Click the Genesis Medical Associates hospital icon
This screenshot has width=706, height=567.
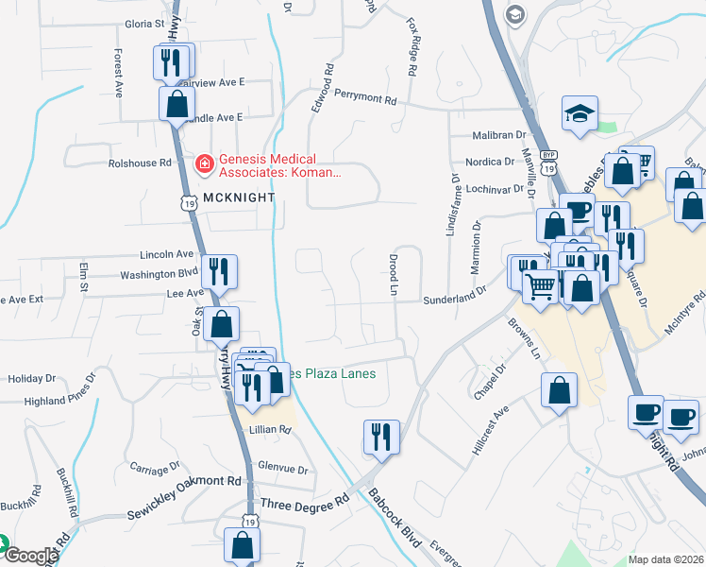[x=203, y=165]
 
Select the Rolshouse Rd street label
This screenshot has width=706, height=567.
[x=140, y=163]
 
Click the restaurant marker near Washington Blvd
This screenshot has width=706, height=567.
[x=220, y=271]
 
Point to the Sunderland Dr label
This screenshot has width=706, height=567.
[x=455, y=295]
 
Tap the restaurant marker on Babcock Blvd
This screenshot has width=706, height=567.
[x=381, y=436]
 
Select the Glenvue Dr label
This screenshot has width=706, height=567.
[x=282, y=469]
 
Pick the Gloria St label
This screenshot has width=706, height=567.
[x=145, y=22]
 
